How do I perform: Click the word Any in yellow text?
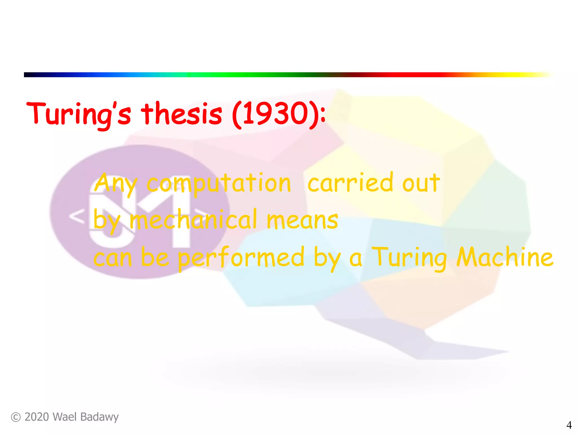point(116,184)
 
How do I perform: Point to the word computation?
point(219,184)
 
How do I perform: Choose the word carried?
point(350,183)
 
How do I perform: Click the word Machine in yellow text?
point(505,257)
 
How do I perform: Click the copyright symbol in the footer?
point(16,417)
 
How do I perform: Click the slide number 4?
point(569,425)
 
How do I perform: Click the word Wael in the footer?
point(65,417)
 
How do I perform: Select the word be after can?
point(155,257)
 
